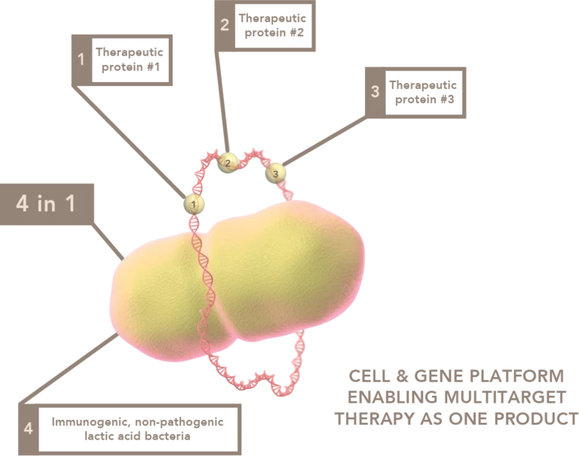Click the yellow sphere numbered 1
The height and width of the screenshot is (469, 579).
[x=195, y=204]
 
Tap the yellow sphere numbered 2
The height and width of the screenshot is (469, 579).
[x=228, y=162]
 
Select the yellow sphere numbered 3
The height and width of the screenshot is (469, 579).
[x=276, y=173]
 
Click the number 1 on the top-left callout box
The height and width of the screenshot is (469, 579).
[x=81, y=59]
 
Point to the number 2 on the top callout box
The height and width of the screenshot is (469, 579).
[x=224, y=25]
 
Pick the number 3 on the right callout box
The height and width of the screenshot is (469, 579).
[x=375, y=93]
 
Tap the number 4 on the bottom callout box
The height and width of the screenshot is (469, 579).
[x=29, y=429]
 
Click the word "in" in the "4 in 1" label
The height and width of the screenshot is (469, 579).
[x=47, y=204]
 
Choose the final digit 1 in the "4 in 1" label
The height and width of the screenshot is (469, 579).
[x=69, y=204]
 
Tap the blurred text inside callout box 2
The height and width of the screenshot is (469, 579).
[x=273, y=26]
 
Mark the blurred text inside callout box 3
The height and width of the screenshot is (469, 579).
[x=421, y=93]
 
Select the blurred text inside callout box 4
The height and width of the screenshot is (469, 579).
[x=139, y=427]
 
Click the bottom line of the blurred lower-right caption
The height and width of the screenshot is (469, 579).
[x=455, y=419]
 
